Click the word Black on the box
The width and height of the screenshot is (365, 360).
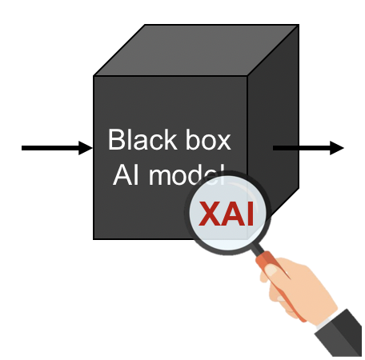pos(142,139)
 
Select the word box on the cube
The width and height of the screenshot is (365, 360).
pos(208,139)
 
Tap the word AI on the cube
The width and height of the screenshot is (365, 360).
pos(126,174)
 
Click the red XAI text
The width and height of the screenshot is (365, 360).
pos(226,214)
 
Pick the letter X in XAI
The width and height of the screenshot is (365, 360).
pos(210,214)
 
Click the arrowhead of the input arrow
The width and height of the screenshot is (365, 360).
pos(86,148)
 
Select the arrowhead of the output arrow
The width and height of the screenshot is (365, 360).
pos(337,148)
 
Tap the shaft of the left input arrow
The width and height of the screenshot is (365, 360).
pos(50,148)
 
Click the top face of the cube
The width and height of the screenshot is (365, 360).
pos(196,50)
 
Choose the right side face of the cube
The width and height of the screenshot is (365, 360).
pos(273,118)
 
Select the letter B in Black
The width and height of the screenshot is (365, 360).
pos(117,139)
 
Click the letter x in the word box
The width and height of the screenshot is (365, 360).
pos(223,142)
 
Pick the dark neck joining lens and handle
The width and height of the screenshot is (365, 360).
pos(257,250)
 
